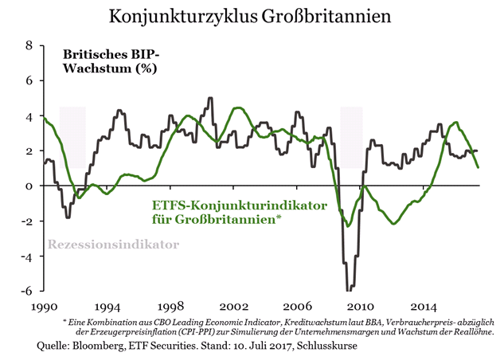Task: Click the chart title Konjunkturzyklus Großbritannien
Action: coord(252,16)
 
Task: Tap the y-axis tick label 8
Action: coord(29,46)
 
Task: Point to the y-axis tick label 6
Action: coord(29,81)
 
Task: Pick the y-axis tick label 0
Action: coord(29,186)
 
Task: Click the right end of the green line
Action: coord(478,167)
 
